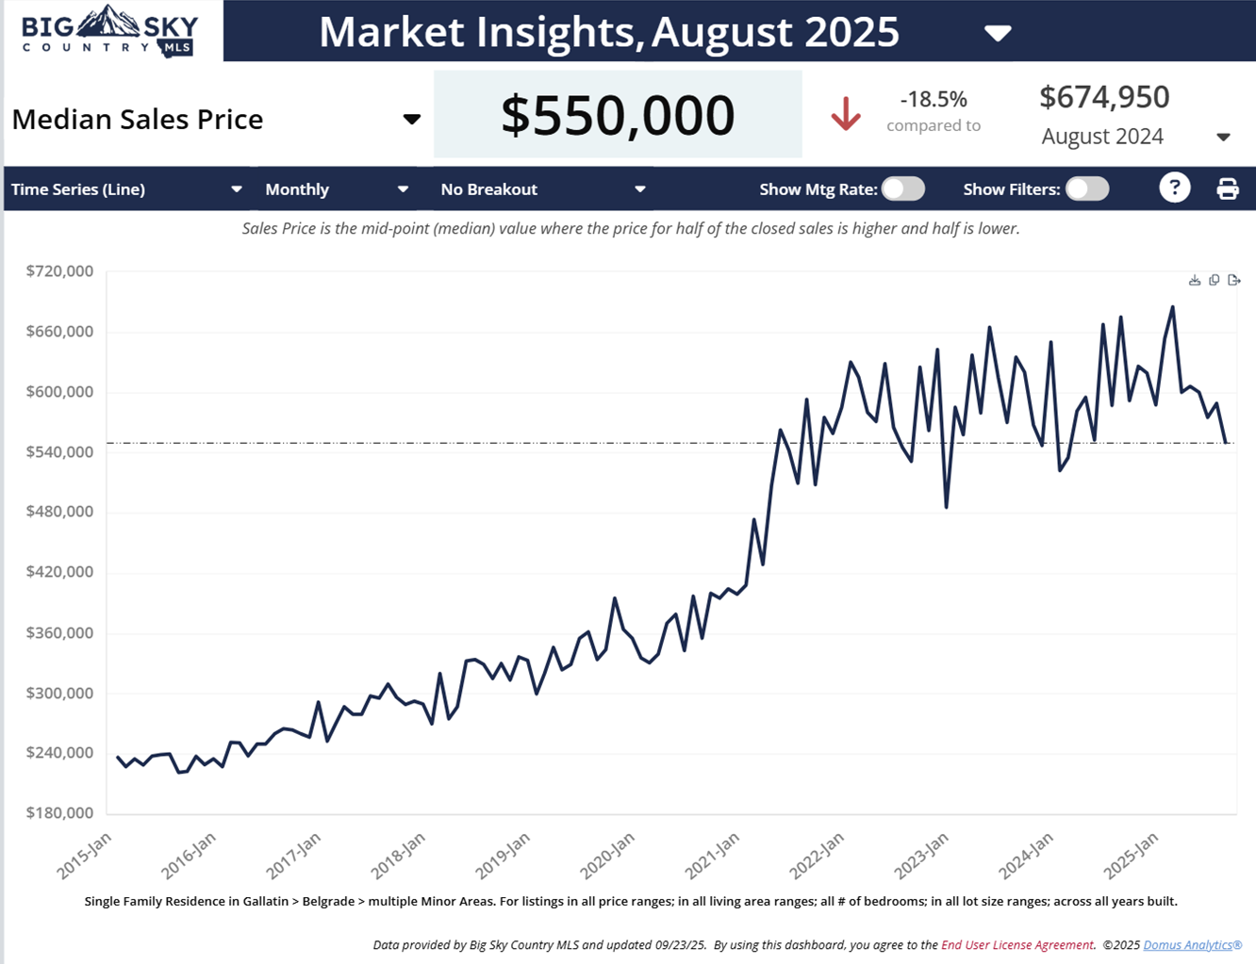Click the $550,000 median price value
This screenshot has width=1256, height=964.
[618, 115]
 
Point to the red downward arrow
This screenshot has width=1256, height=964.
[846, 114]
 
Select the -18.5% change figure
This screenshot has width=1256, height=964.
[934, 99]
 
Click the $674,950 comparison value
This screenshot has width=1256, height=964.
[1104, 97]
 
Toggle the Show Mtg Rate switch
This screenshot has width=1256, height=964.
[903, 188]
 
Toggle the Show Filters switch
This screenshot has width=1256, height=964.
[1087, 188]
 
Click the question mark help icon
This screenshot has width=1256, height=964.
[1174, 188]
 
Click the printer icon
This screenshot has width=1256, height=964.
[1227, 188]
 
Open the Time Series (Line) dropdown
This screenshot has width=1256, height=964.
[126, 189]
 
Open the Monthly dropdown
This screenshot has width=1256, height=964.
[337, 189]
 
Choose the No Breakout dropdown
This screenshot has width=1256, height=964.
[543, 189]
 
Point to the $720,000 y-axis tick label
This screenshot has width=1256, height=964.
[59, 271]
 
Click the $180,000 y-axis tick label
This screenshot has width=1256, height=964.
[59, 813]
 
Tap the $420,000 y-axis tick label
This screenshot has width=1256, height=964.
[59, 572]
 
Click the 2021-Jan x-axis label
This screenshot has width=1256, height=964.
[713, 856]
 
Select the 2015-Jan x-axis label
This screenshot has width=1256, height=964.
[85, 856]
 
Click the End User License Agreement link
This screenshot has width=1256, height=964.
[1017, 944]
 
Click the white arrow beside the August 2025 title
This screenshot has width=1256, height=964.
[998, 34]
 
